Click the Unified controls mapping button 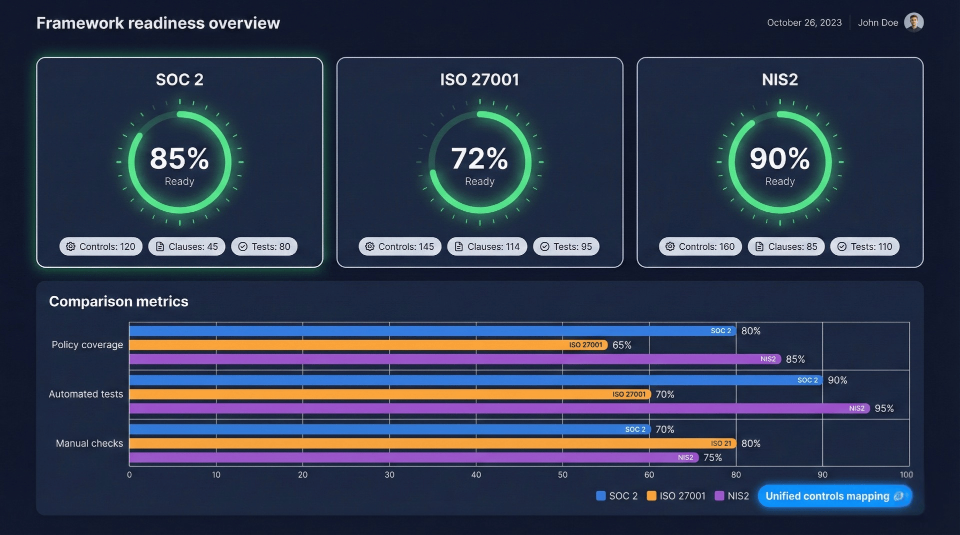click(x=834, y=496)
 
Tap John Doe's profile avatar click(x=913, y=22)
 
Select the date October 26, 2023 click(x=804, y=22)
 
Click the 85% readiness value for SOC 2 click(x=179, y=158)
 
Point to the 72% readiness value click(x=479, y=158)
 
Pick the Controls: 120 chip click(x=101, y=246)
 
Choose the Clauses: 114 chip click(x=487, y=246)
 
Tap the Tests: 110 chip click(x=864, y=246)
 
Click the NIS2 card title click(x=779, y=79)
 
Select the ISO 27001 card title click(x=479, y=79)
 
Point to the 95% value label click(x=884, y=408)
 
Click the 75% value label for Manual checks click(x=712, y=458)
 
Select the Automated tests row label click(x=86, y=394)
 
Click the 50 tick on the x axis click(x=562, y=475)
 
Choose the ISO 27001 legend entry click(x=676, y=496)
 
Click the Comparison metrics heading click(x=118, y=301)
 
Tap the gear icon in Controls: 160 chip click(x=670, y=246)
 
